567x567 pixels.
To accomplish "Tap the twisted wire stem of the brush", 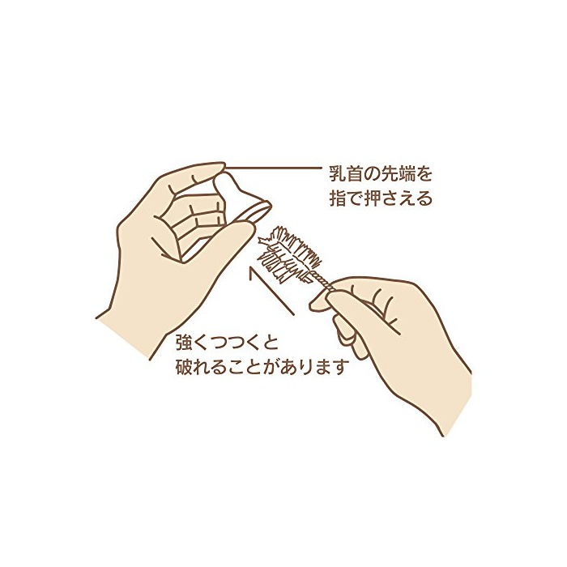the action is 321,281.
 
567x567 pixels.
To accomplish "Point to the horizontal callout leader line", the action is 274,168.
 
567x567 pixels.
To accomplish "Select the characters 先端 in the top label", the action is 402,174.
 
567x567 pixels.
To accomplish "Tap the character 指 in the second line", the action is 337,198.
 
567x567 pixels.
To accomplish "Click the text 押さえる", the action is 403,198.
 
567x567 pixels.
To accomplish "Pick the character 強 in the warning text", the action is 184,343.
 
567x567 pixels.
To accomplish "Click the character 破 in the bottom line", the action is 184,367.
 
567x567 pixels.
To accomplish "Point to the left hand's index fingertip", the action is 218,167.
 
